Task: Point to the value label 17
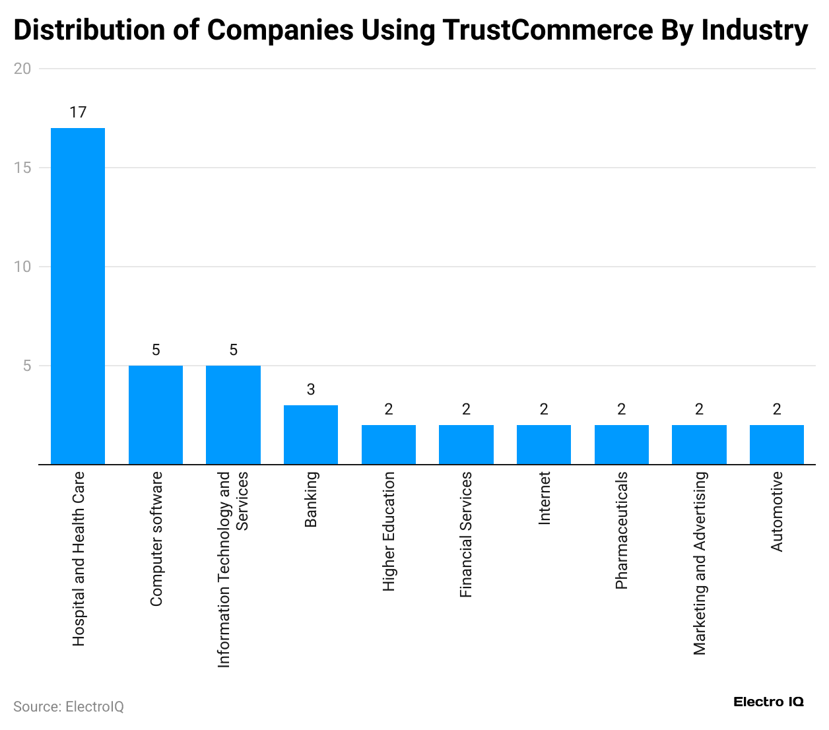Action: tap(78, 112)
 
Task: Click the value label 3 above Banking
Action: tap(311, 389)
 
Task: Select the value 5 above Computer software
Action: tap(156, 350)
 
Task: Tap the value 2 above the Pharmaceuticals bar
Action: tap(622, 409)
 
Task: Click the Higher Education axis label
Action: tap(389, 531)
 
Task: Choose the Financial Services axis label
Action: tap(466, 535)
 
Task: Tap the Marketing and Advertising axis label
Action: tap(700, 563)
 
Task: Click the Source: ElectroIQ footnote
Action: tap(69, 707)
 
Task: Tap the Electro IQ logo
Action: tap(768, 702)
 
